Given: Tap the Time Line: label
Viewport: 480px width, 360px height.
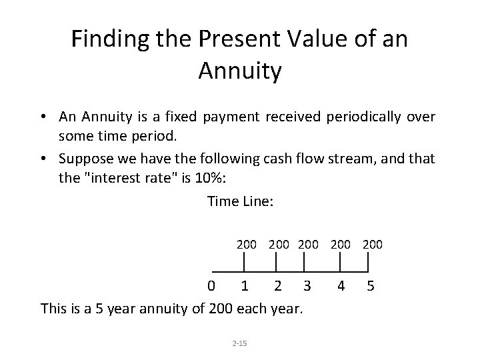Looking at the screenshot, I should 240,201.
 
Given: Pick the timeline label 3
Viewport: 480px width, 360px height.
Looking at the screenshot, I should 307,287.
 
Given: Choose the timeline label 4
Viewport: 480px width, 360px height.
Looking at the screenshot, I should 341,287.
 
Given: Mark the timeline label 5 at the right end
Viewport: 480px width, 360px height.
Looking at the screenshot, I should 370,287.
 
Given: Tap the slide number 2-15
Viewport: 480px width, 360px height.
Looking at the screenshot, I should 239,343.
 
